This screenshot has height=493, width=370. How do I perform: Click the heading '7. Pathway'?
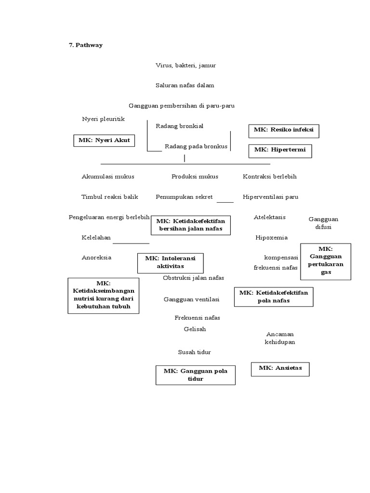click(x=85, y=45)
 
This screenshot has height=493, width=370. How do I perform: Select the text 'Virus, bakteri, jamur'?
click(x=182, y=65)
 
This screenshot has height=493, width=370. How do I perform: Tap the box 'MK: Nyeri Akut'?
click(x=104, y=141)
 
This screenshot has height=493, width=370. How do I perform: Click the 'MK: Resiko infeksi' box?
click(x=283, y=130)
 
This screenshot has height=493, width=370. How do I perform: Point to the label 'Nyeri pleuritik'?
click(x=104, y=118)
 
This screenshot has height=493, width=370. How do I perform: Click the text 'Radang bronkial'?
click(x=179, y=126)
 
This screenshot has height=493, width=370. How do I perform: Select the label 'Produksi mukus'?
click(x=195, y=177)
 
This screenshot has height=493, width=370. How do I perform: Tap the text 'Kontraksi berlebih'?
click(x=269, y=177)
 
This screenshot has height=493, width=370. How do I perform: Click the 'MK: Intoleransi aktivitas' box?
click(x=170, y=262)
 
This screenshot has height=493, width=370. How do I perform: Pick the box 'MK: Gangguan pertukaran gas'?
click(x=326, y=261)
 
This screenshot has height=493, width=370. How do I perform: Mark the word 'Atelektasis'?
click(x=269, y=217)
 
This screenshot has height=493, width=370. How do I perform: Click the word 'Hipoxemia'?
click(x=271, y=237)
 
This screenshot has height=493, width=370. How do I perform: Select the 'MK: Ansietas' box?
click(x=280, y=369)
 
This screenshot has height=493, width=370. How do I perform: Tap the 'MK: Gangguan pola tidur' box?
click(x=195, y=375)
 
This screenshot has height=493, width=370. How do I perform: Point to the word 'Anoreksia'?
click(x=96, y=258)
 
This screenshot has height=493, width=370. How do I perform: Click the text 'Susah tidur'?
click(x=194, y=352)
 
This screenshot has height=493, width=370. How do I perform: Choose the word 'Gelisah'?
click(x=195, y=329)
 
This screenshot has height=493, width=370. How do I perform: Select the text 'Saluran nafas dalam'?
click(x=185, y=85)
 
